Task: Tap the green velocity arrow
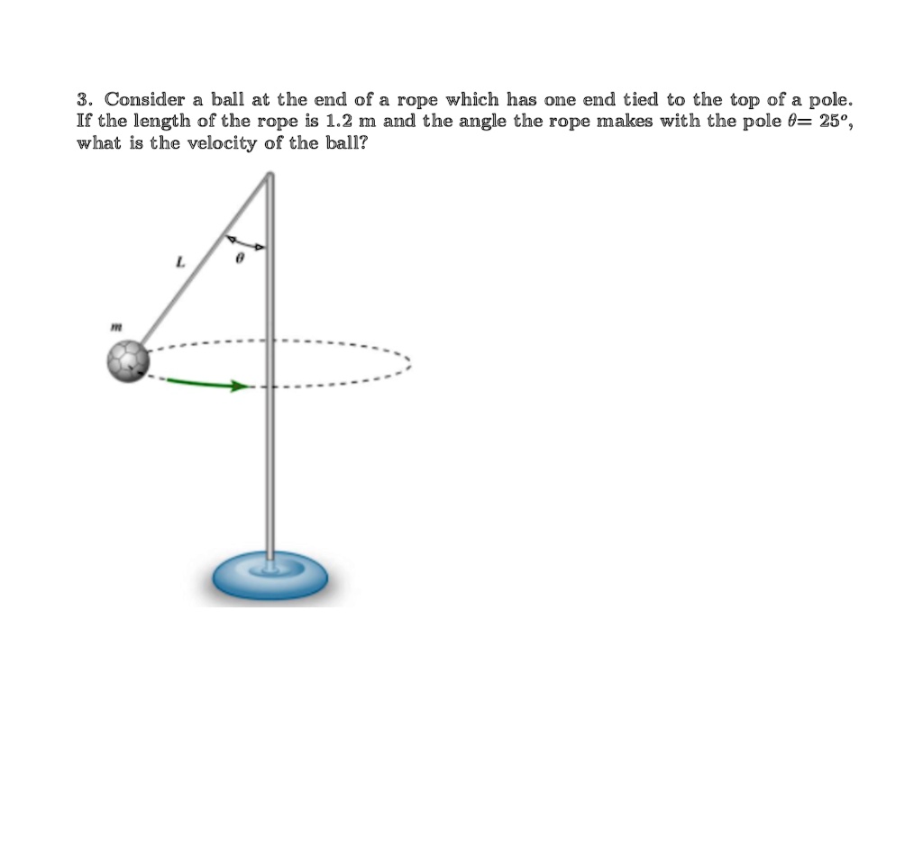tap(207, 385)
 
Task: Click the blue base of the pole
tap(270, 578)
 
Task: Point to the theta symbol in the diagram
tap(239, 258)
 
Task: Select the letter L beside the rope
tap(180, 263)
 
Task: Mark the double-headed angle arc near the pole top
tap(245, 241)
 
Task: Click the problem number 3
tap(83, 98)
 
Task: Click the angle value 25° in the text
tap(831, 120)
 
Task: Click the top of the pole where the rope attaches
tap(269, 177)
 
